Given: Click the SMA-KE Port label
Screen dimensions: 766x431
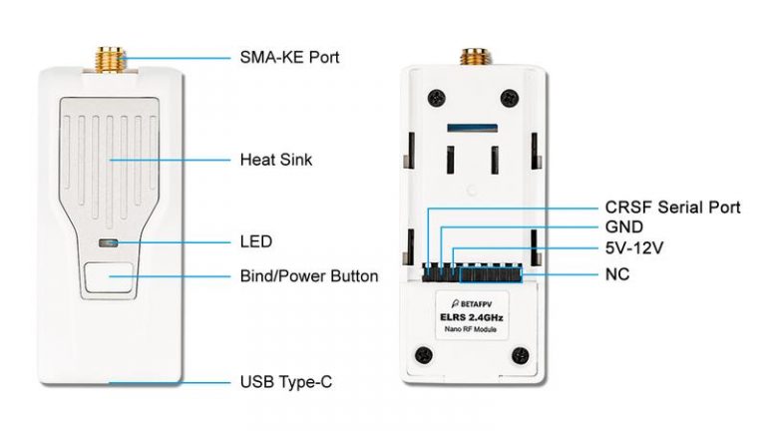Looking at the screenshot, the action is click(289, 57).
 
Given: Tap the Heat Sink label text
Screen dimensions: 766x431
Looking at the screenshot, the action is click(276, 160).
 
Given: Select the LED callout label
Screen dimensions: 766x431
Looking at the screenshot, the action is click(256, 241).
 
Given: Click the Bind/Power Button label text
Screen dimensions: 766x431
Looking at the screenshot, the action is click(309, 276).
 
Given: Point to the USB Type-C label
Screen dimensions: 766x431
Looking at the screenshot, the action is click(286, 382).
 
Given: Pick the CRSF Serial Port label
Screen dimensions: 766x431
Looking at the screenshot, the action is click(672, 208).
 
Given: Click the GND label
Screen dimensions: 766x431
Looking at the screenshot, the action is click(623, 226).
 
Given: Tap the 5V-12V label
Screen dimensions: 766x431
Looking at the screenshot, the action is click(634, 247).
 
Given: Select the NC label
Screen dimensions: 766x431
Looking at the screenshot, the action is click(617, 274).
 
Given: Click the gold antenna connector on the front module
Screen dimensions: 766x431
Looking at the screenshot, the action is click(110, 60).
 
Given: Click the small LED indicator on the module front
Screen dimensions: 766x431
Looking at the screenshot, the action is click(108, 242).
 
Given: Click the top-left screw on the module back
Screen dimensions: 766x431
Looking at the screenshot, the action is click(436, 98).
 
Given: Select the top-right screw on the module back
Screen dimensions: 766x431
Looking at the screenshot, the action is click(510, 98).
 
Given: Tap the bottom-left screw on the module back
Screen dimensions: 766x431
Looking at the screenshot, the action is click(424, 355).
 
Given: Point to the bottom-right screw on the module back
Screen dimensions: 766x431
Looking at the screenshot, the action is click(520, 355).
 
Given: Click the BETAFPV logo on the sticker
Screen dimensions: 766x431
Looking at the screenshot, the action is click(471, 304).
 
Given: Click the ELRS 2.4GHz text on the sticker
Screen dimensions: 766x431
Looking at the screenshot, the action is click(472, 317).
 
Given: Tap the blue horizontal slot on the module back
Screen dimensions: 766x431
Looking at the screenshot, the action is click(473, 128).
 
